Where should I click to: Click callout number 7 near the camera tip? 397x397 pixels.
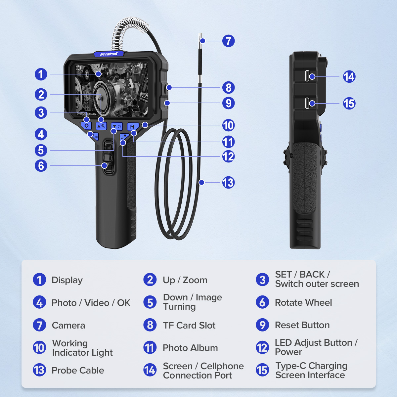coord(228,41)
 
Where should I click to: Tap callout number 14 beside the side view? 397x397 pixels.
coord(349,77)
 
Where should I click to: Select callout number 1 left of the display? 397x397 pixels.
coord(41,74)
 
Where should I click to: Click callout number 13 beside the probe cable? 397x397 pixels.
coord(228,182)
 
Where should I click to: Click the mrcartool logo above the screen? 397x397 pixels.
coord(109,54)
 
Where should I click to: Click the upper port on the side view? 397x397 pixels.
coord(308,76)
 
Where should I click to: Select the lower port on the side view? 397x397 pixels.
coord(308,103)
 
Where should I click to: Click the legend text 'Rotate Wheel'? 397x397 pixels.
coord(303,303)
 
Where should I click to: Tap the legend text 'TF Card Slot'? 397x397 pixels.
coord(189,326)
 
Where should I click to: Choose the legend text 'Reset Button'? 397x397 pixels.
coord(302,325)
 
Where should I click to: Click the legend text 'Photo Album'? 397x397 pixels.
coord(190,348)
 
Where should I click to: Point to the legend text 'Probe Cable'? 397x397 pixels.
coord(78,371)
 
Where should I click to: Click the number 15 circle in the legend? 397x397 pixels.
coord(262,370)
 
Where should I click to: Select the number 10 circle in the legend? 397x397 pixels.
coord(39,348)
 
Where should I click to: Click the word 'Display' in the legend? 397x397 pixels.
coord(67,280)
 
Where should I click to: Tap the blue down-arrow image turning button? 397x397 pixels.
coord(117,126)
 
